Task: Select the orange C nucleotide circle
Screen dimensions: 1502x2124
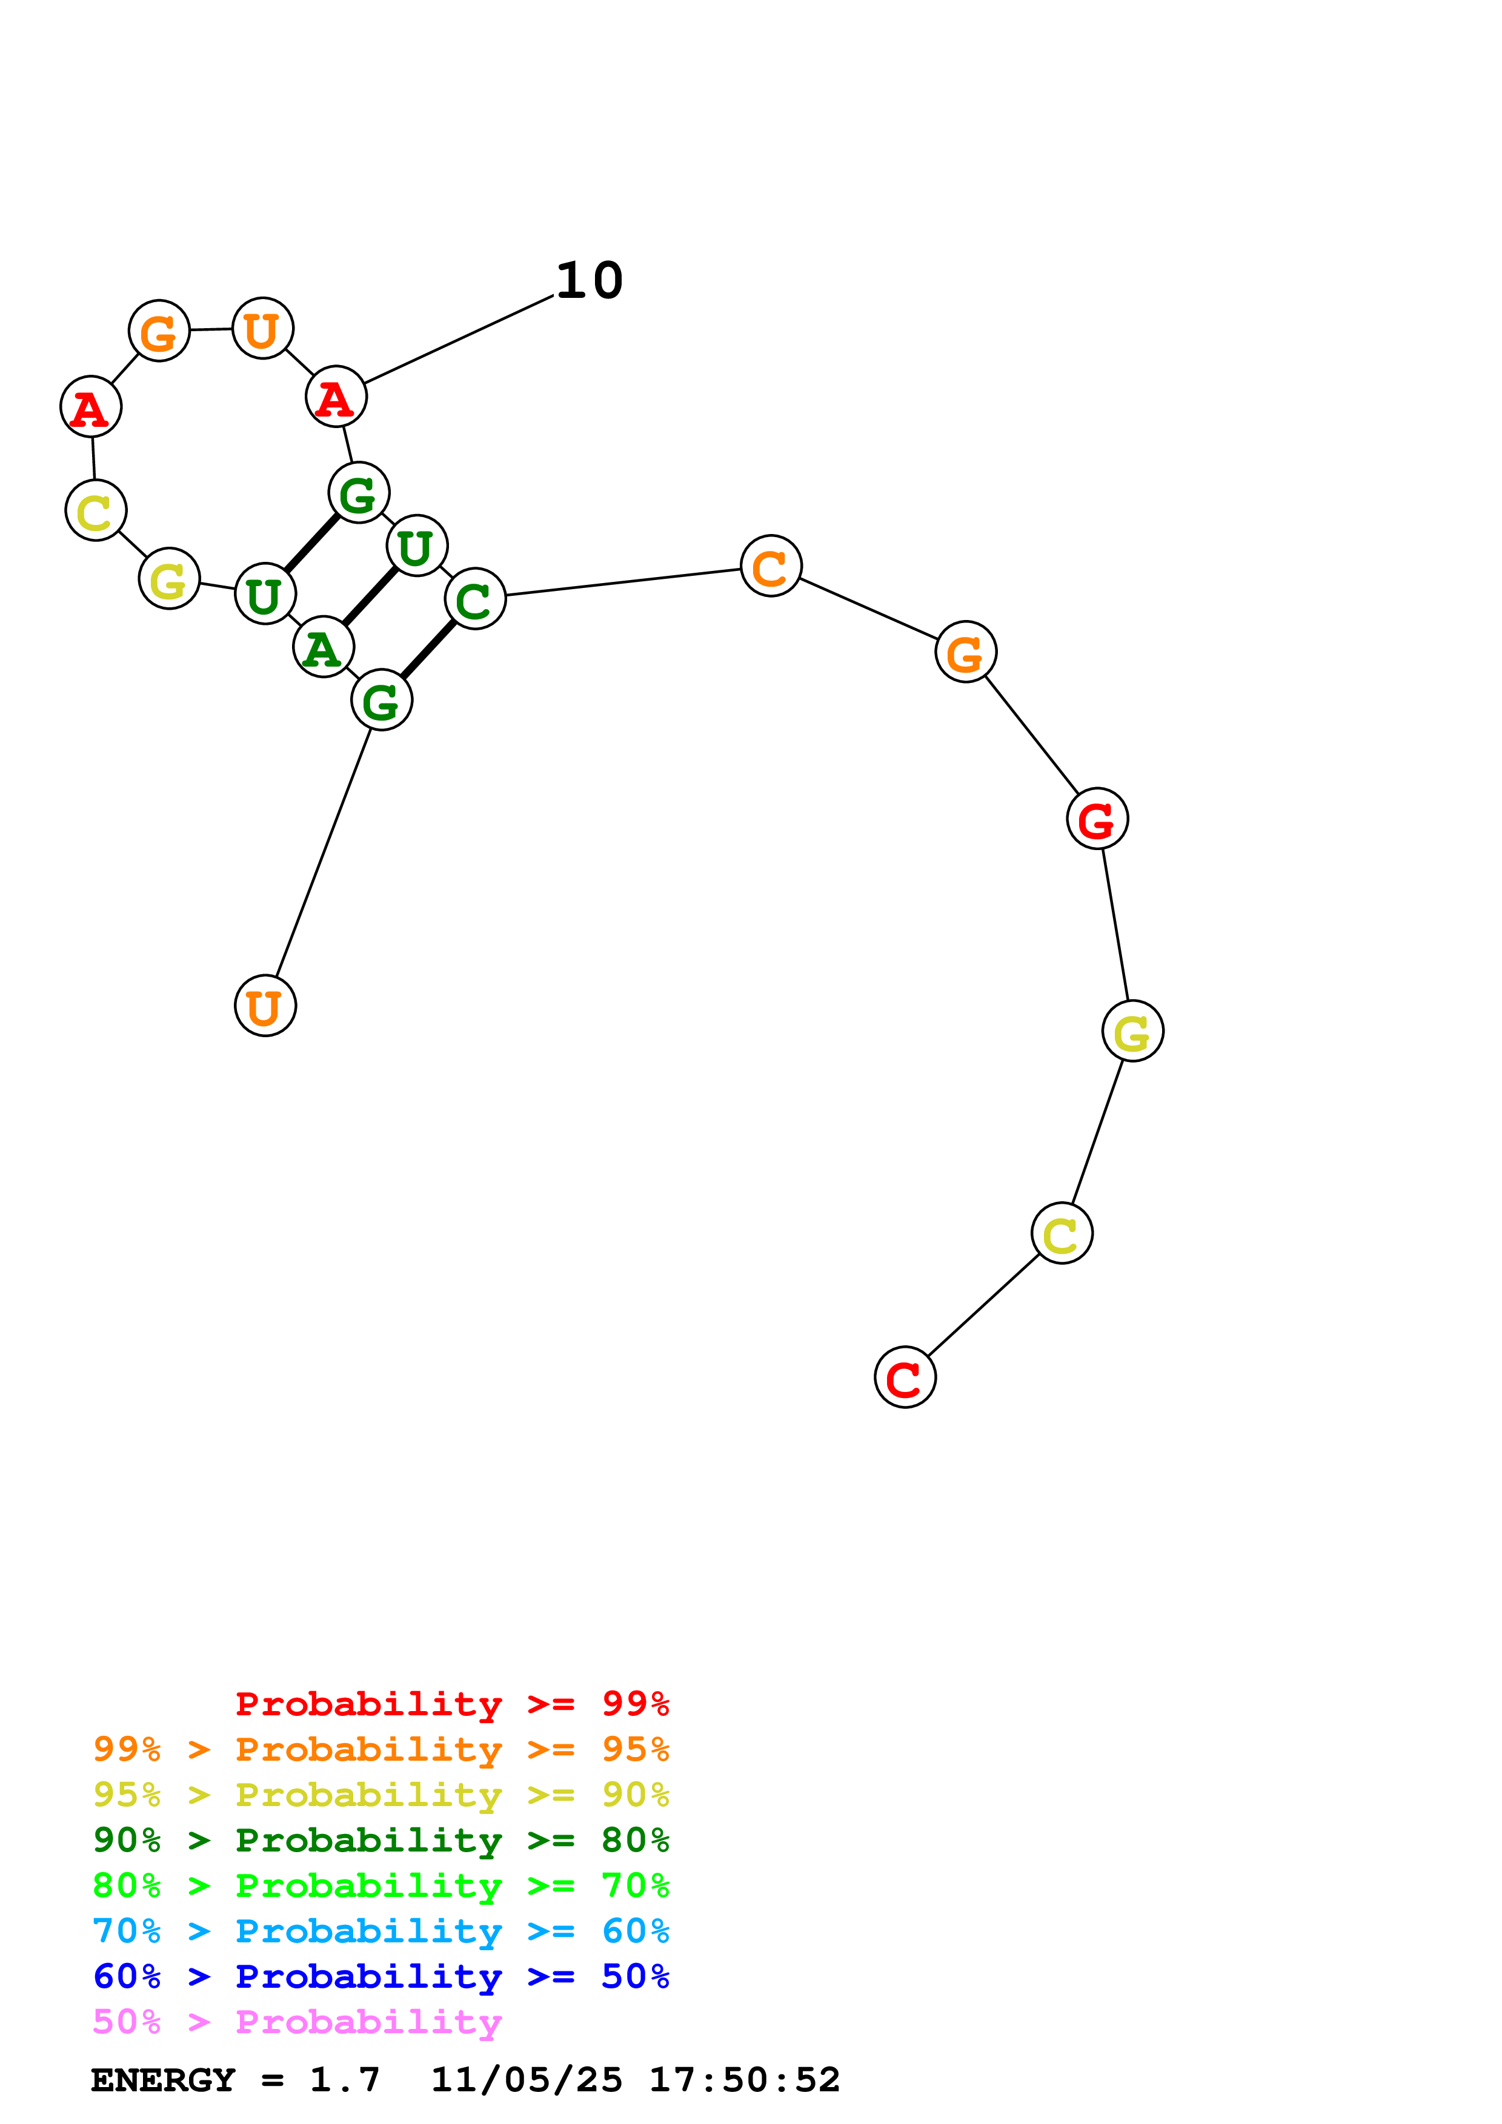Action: point(770,566)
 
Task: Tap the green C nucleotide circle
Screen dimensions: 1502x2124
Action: point(475,599)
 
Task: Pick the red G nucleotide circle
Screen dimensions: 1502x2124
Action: point(1097,819)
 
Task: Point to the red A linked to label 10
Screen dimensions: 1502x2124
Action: point(336,397)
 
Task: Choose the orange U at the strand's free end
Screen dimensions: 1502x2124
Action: point(265,1006)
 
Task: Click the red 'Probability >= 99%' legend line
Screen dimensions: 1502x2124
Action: point(451,1704)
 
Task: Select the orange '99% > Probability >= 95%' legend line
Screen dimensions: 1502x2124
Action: point(381,1749)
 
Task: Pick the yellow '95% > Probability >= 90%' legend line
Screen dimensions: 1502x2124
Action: point(381,1795)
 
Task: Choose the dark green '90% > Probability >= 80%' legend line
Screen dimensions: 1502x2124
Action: point(381,1840)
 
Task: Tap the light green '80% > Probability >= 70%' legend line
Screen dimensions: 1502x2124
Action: point(381,1885)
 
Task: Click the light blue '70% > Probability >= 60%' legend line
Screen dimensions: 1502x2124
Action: point(381,1931)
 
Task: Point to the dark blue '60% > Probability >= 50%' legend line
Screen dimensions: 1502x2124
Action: point(381,1976)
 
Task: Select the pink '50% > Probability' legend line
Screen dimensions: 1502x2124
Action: point(297,2021)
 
